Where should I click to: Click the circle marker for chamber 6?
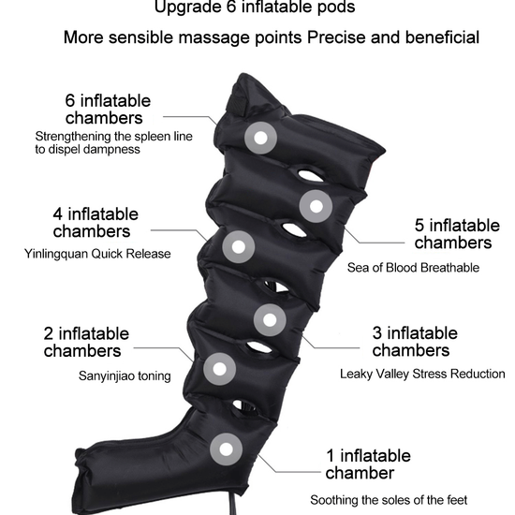click(x=260, y=138)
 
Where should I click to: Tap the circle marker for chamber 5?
click(x=316, y=206)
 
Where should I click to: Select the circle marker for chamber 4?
click(x=239, y=246)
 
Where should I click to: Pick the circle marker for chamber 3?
click(x=270, y=320)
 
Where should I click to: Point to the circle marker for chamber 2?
click(x=219, y=369)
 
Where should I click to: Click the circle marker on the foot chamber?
click(x=226, y=449)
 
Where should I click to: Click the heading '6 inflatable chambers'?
click(x=108, y=109)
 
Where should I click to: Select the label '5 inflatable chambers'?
click(x=457, y=233)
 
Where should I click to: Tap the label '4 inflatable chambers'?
click(x=96, y=222)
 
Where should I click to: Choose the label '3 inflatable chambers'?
click(x=415, y=342)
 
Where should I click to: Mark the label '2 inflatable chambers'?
click(x=86, y=342)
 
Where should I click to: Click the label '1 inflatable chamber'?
click(x=368, y=464)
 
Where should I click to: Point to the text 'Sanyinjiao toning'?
click(x=125, y=375)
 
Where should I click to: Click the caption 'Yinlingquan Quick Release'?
click(x=97, y=254)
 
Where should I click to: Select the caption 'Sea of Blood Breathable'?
click(x=413, y=268)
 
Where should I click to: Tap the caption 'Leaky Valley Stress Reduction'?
click(x=422, y=374)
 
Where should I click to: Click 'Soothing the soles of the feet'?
click(x=389, y=500)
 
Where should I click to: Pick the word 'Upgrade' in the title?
click(x=187, y=7)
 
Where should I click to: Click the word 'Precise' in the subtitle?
click(x=336, y=37)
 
